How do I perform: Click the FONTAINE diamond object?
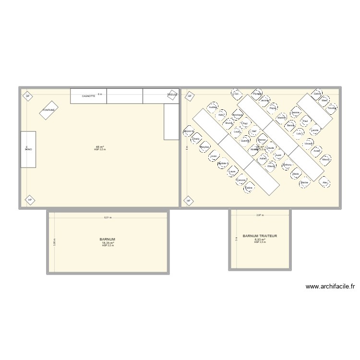pos(49,110)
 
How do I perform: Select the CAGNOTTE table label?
pos(88,96)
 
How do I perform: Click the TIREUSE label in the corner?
pos(172,95)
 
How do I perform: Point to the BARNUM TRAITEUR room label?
pos(260,236)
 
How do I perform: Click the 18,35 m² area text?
pos(108,243)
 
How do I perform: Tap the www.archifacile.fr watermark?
pos(330,287)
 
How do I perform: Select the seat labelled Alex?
pos(325,183)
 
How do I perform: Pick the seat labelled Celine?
pos(249,188)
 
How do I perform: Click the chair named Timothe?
pos(331,108)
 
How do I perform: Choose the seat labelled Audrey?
pos(213,108)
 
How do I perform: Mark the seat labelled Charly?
pos(196,139)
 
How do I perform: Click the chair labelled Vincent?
pos(309,144)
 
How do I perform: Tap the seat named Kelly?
pos(221,115)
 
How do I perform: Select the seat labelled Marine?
pos(304,183)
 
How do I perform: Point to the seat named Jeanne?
pos(296,113)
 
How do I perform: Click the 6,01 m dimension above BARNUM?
pos(108,217)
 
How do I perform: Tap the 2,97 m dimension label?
pos(260,216)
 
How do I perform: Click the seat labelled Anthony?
pos(287,165)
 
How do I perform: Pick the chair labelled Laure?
pos(233,171)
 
